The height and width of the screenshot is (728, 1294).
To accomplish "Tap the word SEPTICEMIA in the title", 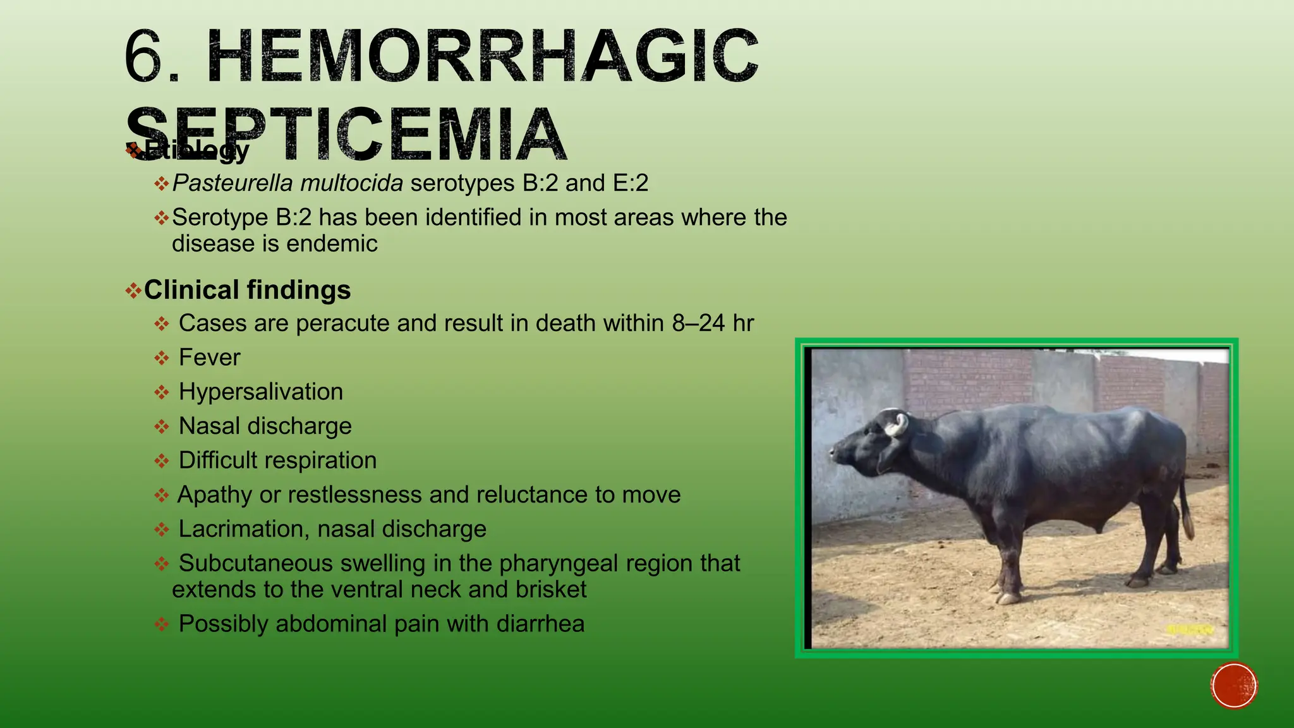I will [346, 134].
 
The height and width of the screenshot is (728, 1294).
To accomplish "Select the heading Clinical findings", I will [247, 290].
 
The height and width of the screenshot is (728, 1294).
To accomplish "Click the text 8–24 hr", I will [713, 324].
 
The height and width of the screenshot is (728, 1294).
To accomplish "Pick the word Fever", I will [209, 358].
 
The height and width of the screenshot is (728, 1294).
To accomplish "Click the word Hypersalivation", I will [260, 392].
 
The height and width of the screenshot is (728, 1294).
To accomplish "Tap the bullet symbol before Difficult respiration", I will [162, 461].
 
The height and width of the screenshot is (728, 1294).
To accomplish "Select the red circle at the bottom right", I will [1234, 686].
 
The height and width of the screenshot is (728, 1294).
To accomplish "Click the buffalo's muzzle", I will [836, 453].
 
